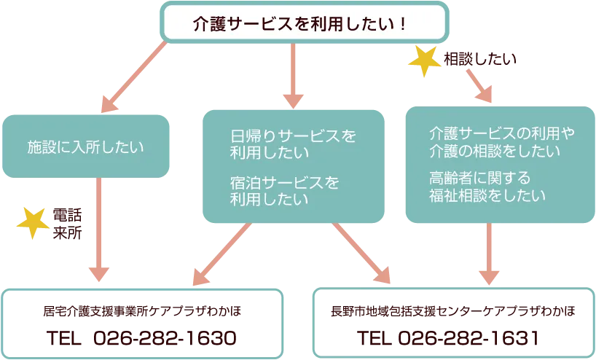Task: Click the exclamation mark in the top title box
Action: [403, 23]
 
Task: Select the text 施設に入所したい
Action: [86, 146]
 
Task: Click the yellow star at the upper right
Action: [421, 62]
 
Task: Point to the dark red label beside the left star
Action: [63, 222]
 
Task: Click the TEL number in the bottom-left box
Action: [142, 339]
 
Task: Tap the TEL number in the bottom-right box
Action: [448, 339]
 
